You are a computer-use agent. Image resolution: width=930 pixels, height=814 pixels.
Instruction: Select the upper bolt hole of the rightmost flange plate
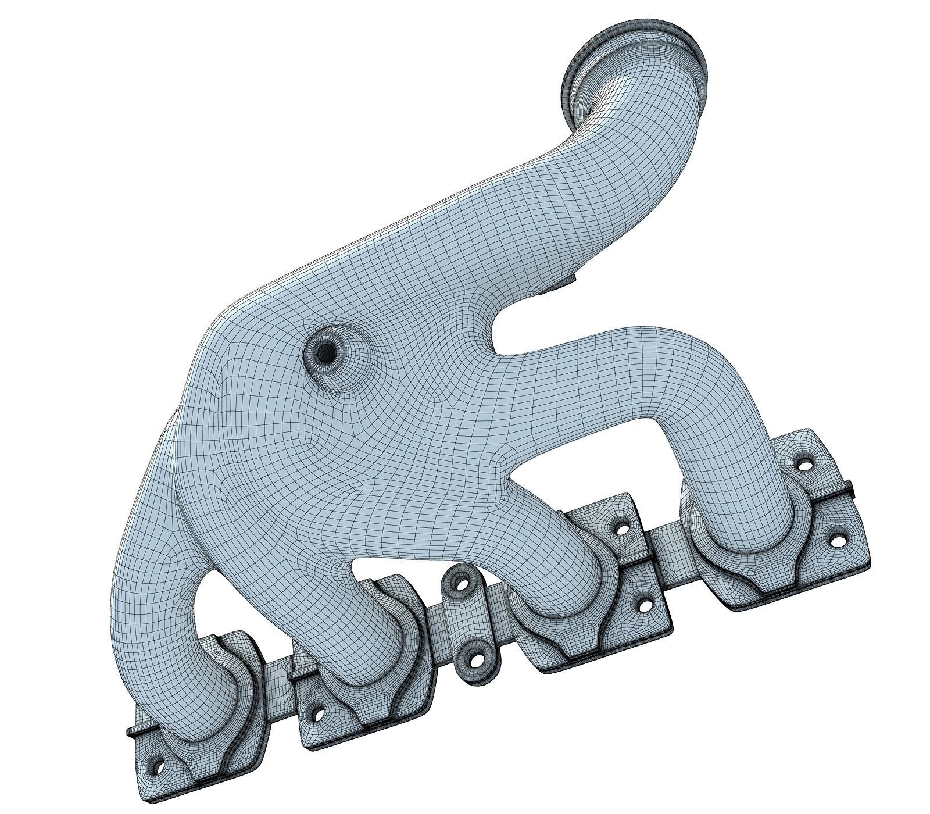[x=804, y=464]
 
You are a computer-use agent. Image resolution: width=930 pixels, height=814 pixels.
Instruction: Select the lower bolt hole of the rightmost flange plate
[x=837, y=540]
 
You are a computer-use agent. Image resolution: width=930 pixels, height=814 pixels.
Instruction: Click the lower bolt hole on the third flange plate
[x=644, y=606]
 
